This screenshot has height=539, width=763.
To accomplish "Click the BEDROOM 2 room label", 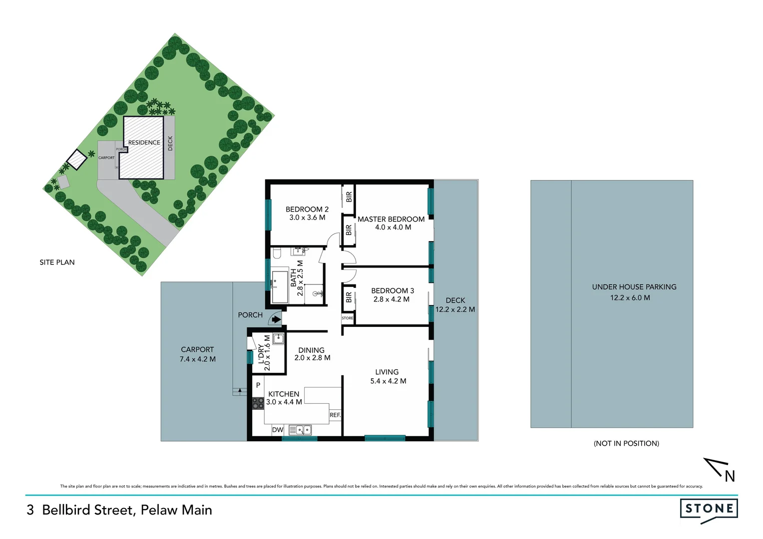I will point(307,209).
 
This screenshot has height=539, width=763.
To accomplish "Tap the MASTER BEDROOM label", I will point(391,219).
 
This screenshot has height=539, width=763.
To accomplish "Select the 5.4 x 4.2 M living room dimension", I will point(388,381).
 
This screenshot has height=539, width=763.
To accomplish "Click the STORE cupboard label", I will point(348,318).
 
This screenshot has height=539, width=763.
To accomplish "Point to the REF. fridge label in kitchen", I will point(335,415).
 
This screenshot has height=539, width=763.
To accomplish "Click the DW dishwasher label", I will point(278,430).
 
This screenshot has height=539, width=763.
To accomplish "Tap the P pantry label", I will point(258,385).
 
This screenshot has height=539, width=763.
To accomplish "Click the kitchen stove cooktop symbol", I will point(258,403).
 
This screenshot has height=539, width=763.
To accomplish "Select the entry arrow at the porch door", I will point(276,319).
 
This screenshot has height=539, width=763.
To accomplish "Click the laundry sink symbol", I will point(278,339).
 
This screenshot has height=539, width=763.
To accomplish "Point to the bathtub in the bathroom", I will point(279,286).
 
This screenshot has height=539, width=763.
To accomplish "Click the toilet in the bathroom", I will point(277,254).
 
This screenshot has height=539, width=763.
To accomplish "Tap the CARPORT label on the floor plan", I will point(197,350).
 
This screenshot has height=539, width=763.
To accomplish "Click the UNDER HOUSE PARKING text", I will point(634,287).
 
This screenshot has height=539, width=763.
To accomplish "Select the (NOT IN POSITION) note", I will point(626,443).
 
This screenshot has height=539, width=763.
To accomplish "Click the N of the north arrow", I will point(730,477).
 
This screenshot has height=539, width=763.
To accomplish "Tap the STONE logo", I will point(709,509).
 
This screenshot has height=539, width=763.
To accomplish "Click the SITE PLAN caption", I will point(57,263).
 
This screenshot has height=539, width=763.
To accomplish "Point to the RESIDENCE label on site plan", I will point(144,143).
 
